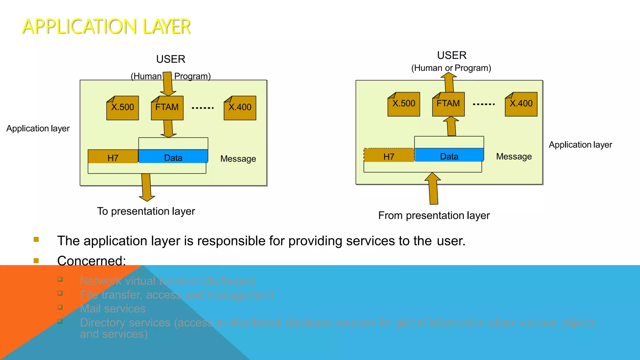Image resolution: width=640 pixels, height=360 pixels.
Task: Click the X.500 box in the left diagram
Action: click(x=122, y=108)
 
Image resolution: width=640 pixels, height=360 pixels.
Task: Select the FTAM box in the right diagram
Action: click(x=448, y=104)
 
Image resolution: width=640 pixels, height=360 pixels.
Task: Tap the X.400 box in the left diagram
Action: click(x=240, y=108)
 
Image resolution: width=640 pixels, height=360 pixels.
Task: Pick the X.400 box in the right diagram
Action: click(x=521, y=104)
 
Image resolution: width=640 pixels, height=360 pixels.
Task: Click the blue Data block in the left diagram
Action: click(x=173, y=157)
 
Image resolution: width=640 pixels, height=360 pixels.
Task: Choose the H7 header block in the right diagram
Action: click(x=389, y=155)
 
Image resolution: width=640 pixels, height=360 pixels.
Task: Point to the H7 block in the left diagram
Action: click(x=113, y=157)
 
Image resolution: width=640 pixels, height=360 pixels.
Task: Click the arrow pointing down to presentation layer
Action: click(x=147, y=187)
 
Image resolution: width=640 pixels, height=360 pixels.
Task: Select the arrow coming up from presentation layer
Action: click(x=433, y=189)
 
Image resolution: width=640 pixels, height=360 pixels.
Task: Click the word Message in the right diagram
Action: click(x=514, y=157)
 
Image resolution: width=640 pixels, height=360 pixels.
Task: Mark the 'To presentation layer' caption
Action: click(x=146, y=212)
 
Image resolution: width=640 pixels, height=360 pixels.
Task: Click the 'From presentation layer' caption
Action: click(x=434, y=216)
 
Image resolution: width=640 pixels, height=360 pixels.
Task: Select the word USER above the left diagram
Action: click(x=171, y=59)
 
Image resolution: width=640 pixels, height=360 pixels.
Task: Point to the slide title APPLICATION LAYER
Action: click(x=106, y=27)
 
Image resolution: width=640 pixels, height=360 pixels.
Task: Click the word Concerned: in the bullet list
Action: click(x=92, y=261)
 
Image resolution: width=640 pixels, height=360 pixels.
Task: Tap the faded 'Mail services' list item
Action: click(x=113, y=309)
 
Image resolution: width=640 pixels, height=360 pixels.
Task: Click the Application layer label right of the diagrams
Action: click(x=580, y=145)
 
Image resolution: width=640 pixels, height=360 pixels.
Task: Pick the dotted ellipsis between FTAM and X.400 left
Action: click(x=203, y=108)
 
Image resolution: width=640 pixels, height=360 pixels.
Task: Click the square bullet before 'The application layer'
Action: click(x=36, y=240)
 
